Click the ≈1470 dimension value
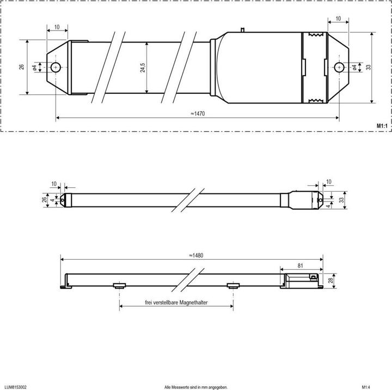point(197,114)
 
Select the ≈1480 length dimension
point(197,255)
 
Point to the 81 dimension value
point(301,265)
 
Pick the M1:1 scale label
point(381,125)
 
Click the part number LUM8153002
point(16,387)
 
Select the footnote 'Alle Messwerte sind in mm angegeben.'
point(196,387)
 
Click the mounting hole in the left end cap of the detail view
point(56,68)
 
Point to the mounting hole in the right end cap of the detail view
point(339,67)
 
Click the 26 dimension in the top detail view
point(21,67)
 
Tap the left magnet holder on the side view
point(119,285)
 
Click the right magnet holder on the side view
point(233,285)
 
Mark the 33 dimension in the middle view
point(341,199)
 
